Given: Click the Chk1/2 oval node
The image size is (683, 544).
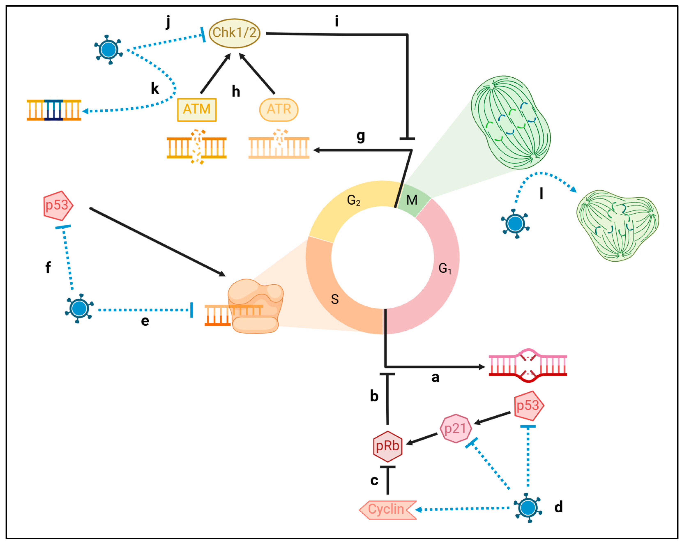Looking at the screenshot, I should coord(235,33).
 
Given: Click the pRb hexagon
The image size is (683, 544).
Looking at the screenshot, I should coord(387,446).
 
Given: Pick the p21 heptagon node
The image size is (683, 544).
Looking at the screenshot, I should coord(455,429).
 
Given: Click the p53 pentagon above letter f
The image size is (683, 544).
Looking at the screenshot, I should coord(58,206).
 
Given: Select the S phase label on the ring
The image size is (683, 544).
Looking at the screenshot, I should coord(335,299).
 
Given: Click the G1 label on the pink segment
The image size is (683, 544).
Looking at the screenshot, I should coord(444,268).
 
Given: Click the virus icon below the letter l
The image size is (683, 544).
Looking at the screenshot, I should coord(515,224).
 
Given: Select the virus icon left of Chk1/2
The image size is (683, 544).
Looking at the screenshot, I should coord(108,50).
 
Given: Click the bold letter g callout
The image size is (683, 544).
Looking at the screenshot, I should coord(361,136).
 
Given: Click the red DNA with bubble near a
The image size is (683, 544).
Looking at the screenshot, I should coord(528,366).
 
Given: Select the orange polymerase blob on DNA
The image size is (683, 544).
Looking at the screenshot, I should coord(255,306).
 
